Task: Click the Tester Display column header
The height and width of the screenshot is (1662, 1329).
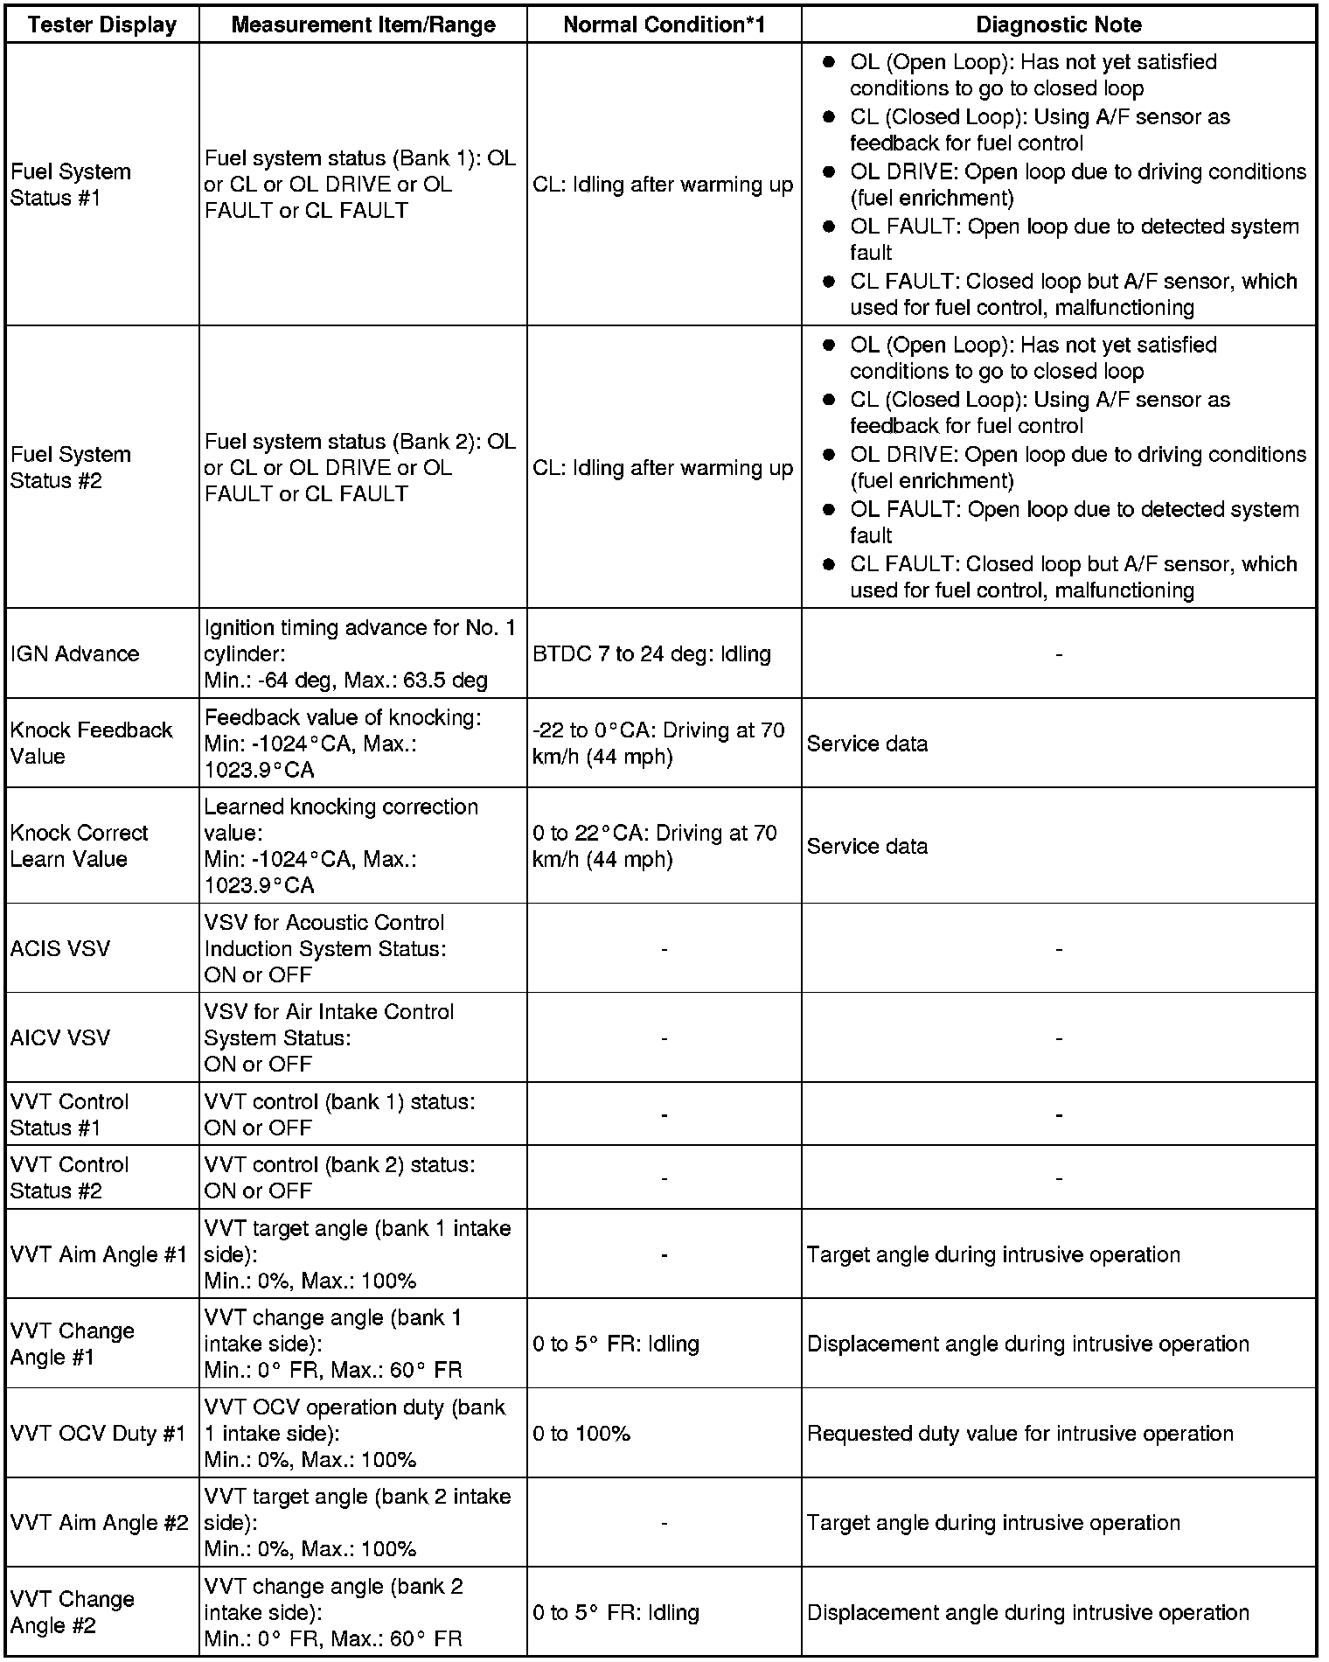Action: tap(101, 24)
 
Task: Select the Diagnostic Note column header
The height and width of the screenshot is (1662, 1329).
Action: tap(1058, 24)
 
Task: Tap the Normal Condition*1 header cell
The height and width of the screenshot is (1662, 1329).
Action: tap(664, 24)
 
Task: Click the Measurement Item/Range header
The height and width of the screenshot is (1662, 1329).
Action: tap(363, 24)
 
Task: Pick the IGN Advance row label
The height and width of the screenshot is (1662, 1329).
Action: tap(74, 653)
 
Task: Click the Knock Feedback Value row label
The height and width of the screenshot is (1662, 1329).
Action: tap(91, 743)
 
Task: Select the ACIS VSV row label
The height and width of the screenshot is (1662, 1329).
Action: tap(60, 948)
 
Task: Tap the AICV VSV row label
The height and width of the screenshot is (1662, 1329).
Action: tap(60, 1037)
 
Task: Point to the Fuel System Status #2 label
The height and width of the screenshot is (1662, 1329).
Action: tap(70, 467)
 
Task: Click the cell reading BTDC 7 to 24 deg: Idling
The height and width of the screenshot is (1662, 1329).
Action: tap(651, 653)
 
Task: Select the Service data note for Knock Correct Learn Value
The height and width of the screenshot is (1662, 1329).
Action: tap(866, 846)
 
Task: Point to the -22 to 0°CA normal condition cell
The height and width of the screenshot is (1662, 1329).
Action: tap(658, 743)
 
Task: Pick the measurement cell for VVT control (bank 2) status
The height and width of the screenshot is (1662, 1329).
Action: tap(339, 1177)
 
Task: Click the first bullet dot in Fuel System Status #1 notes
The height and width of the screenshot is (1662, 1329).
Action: tap(829, 62)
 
